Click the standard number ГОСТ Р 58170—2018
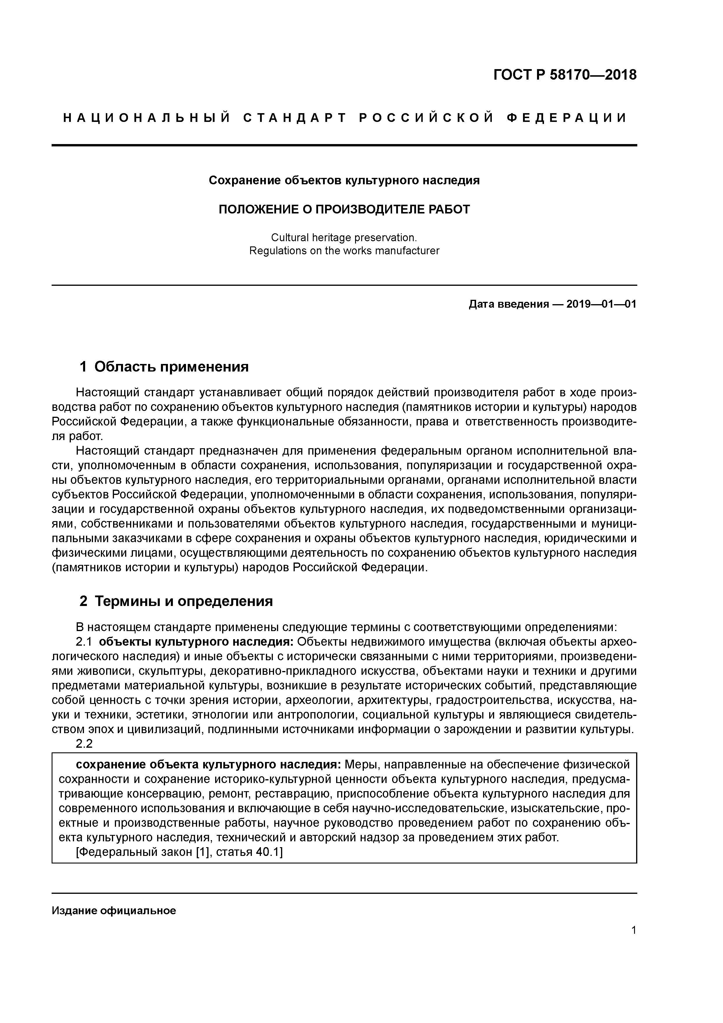tap(565, 75)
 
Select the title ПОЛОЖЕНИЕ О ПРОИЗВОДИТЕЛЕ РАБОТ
tap(344, 209)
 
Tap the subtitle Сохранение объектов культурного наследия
tap(344, 181)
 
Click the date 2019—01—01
tap(601, 304)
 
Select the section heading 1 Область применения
tap(164, 367)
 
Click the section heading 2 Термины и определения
tap(176, 601)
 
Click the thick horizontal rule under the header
tap(344, 145)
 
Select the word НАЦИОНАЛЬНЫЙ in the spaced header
tap(147, 118)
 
